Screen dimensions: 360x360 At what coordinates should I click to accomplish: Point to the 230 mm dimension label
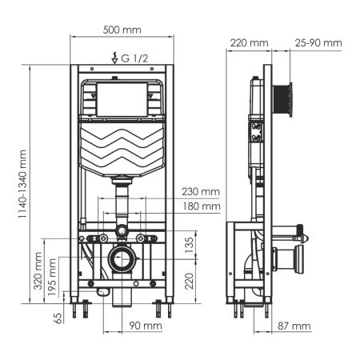point(199,191)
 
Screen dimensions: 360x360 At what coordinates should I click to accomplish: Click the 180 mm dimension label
point(199,206)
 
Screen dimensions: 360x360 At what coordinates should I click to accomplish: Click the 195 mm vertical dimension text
point(53,277)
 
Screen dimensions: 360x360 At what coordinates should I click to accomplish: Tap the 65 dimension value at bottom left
point(57,317)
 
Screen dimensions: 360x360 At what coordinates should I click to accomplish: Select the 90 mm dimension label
point(145,326)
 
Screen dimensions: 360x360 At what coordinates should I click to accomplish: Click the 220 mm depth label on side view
point(248,42)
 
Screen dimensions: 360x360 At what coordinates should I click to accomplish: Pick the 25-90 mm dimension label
point(318,42)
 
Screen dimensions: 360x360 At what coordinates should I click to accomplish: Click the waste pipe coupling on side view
point(286,258)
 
